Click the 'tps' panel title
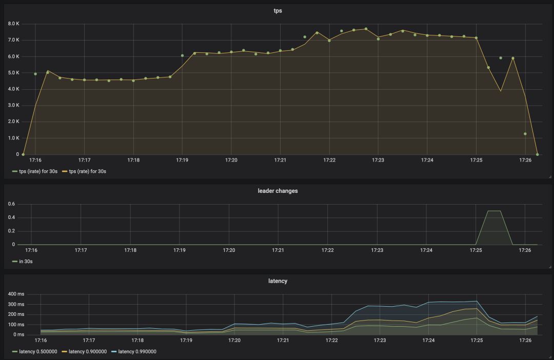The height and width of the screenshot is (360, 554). (278, 11)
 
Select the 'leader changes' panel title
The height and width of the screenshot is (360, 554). (278, 191)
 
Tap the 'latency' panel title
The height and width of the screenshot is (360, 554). (278, 281)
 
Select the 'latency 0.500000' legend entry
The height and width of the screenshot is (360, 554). (35, 351)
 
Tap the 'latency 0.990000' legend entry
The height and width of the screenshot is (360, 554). (135, 351)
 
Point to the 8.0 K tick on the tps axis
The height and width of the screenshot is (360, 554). (13, 24)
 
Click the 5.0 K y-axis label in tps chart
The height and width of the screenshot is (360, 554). (13, 73)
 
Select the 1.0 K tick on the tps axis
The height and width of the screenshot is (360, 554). (13, 138)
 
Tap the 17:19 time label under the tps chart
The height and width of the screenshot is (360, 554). (182, 160)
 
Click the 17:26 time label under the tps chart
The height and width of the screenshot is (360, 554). (525, 160)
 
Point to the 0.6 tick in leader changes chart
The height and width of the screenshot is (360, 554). (12, 204)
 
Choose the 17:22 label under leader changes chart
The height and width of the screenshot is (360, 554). (327, 250)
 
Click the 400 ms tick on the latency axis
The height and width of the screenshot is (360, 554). (17, 294)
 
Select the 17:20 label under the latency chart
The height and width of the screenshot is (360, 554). (234, 340)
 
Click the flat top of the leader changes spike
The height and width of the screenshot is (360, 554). (493, 211)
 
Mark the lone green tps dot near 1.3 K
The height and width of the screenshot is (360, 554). (525, 134)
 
